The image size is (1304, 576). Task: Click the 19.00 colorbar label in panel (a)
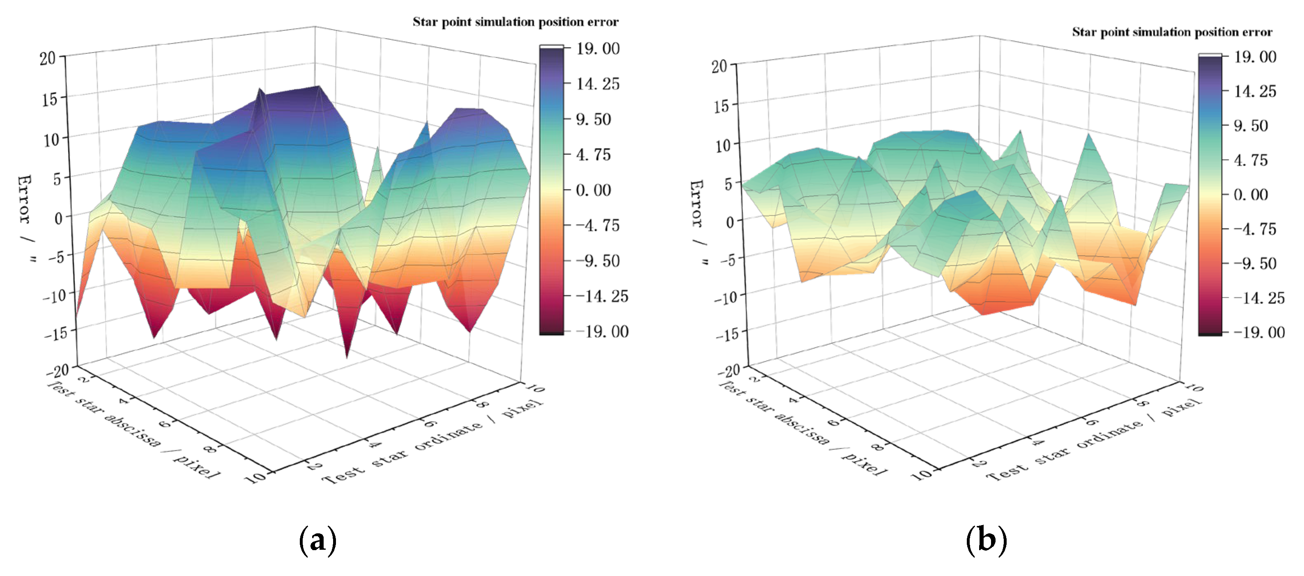[598, 48]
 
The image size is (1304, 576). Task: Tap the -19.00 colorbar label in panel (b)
[1259, 332]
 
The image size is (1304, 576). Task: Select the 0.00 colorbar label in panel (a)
[593, 190]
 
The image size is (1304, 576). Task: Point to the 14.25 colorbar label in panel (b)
[1255, 91]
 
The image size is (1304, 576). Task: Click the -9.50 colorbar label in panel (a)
[598, 261]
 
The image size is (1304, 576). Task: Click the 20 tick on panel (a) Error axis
[48, 58]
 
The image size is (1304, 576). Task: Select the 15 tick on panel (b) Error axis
[720, 106]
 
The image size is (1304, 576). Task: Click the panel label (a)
[317, 541]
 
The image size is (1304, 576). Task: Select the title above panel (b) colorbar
[1171, 32]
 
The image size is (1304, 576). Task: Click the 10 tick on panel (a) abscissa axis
[255, 477]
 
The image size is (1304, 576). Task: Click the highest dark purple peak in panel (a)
[318, 87]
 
